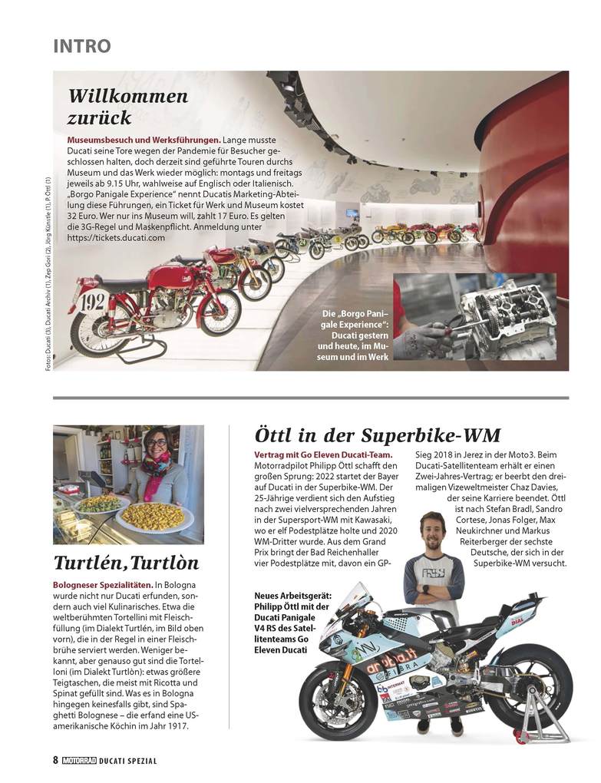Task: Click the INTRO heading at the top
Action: [82, 46]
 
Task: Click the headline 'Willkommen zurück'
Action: [128, 107]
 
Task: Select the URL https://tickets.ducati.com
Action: [117, 238]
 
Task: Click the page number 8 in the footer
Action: [56, 760]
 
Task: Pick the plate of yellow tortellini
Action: [153, 516]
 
